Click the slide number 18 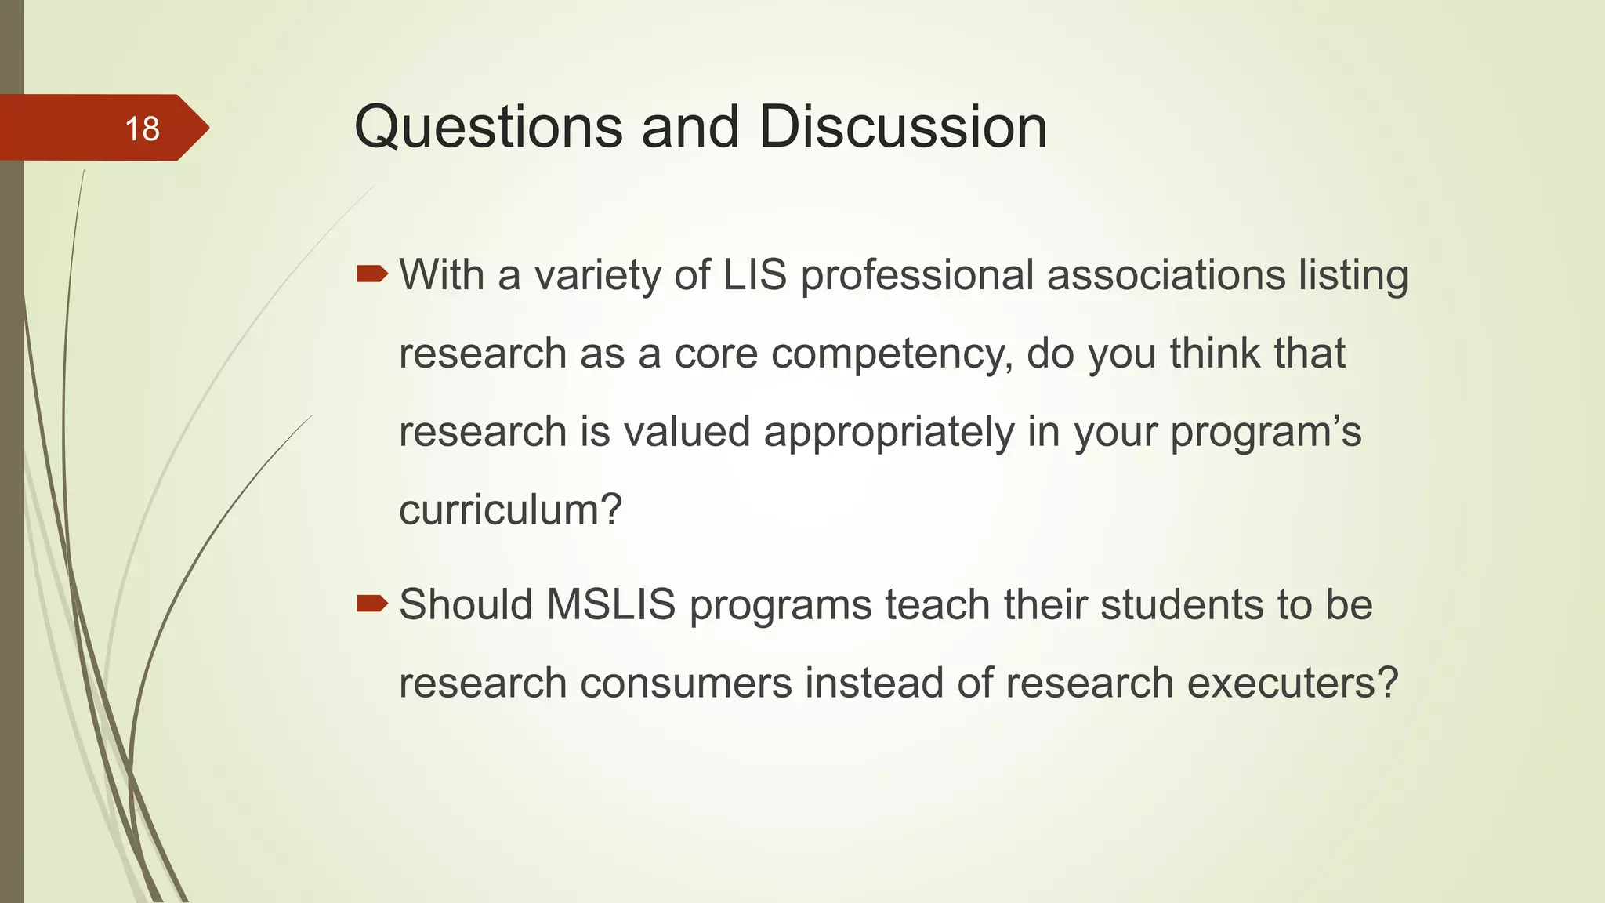coord(142,129)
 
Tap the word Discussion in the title coord(903,127)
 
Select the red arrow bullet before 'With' coord(372,274)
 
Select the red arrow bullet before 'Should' coord(372,603)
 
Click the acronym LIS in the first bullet coord(754,275)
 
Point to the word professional coord(917,277)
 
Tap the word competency coord(892,355)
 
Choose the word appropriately coord(889,433)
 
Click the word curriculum coord(499,510)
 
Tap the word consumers coord(686,683)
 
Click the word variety coord(602,277)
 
